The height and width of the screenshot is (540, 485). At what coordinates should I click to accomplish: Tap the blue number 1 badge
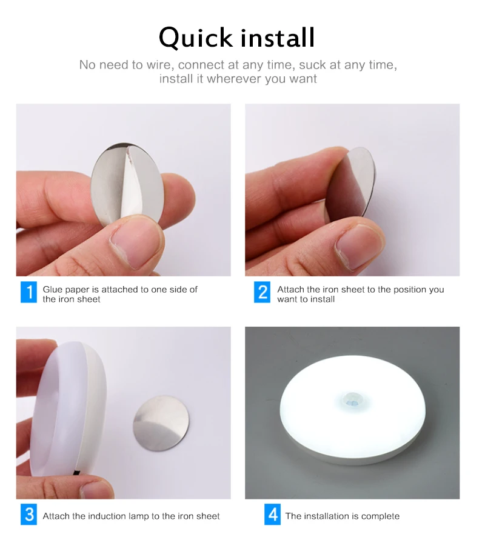[28, 292]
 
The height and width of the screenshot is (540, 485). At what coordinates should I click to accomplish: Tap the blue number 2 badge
[262, 292]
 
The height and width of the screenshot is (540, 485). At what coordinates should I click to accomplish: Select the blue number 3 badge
[28, 515]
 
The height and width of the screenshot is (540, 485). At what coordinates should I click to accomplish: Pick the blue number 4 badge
[273, 515]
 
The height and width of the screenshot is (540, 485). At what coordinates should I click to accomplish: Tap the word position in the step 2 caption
[410, 289]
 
